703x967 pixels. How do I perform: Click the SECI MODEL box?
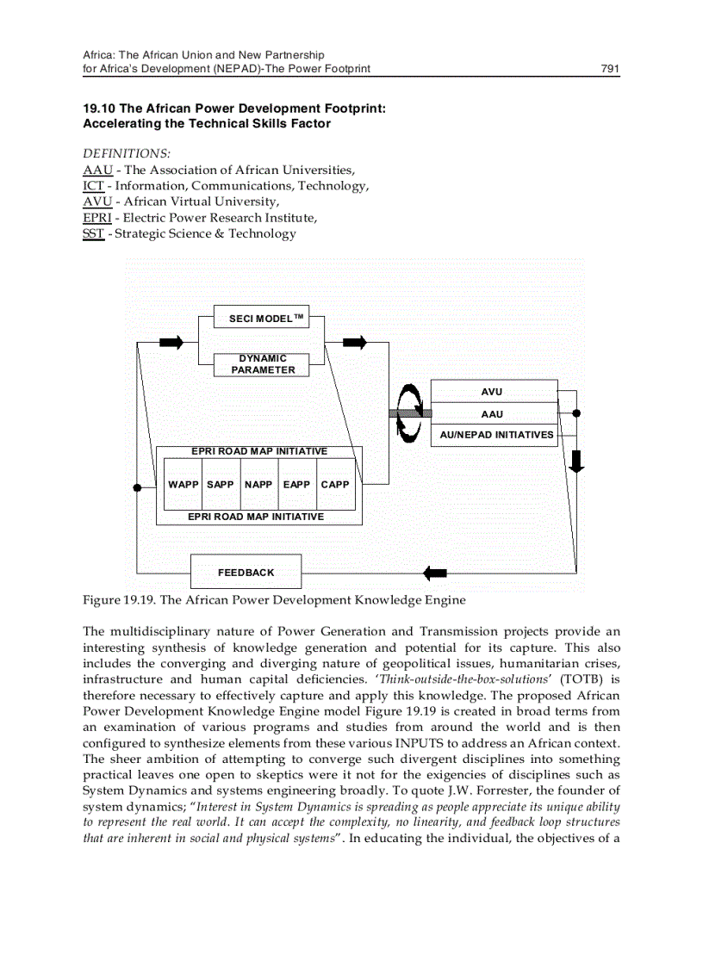pos(261,319)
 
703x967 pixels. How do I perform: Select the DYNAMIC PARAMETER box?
pos(261,364)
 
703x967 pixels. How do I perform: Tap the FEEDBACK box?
pos(246,572)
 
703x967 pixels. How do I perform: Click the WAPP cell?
pos(183,485)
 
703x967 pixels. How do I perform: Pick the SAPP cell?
pos(221,485)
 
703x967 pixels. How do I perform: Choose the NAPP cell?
pos(258,485)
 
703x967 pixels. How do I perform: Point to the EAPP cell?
pos(296,485)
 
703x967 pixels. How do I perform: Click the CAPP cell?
pos(335,485)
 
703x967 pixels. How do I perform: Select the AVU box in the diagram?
pos(492,392)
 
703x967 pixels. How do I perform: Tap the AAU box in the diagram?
pos(492,413)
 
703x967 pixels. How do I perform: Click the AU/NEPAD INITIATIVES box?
pos(496,435)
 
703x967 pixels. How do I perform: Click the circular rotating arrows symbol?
pos(409,413)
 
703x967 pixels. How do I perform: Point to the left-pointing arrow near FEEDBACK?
pos(435,572)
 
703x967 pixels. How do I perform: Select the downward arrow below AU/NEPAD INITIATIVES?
pos(576,461)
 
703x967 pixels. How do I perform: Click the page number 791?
pos(610,68)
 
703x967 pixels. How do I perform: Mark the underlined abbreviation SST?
pos(93,233)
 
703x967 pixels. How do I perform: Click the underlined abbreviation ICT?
pos(93,185)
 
